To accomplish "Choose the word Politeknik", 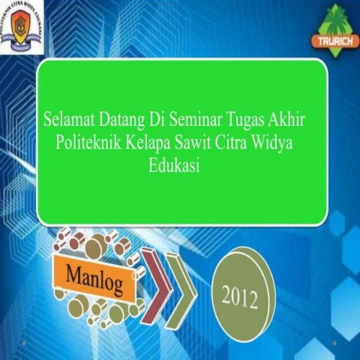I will [91, 142].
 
